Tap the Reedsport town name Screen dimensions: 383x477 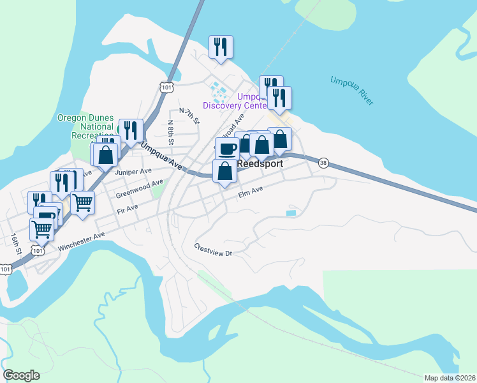260,164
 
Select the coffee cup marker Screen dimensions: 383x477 227,149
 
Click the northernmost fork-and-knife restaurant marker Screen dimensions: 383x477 221,47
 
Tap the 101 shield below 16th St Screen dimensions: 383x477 6,269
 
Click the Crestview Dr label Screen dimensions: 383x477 215,250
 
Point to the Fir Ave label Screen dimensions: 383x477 128,209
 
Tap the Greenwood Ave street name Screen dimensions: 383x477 139,189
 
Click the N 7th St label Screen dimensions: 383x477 189,116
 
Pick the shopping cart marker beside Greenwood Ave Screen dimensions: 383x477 82,203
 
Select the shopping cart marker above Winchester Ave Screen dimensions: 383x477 41,229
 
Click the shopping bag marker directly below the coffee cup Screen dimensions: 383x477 224,171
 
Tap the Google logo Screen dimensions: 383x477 21,375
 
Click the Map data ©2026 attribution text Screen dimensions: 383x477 450,378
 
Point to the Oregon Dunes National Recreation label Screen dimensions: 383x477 85,126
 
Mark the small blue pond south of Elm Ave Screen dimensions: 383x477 291,213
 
